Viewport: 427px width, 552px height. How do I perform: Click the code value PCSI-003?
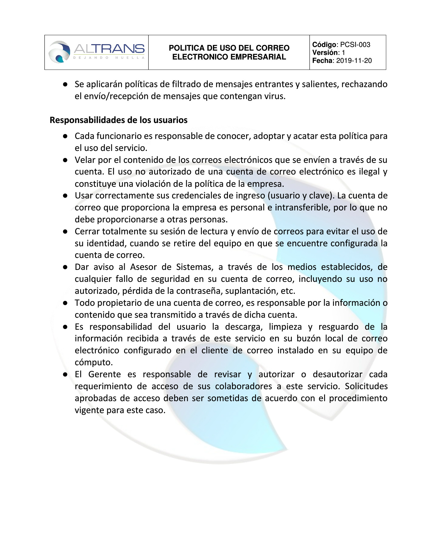(x=355, y=45)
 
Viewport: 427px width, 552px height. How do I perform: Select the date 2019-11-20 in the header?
(x=354, y=61)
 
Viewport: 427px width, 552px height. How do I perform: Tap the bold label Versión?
(x=326, y=53)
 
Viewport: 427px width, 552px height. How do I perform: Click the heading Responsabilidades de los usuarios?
(x=119, y=120)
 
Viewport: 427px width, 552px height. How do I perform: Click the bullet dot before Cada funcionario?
(x=65, y=136)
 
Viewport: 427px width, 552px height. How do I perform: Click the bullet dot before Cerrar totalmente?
(x=65, y=232)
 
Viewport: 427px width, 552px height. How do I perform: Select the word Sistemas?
(x=194, y=267)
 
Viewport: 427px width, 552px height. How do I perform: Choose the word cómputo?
(x=93, y=362)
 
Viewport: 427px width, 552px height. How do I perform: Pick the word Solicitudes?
(x=366, y=386)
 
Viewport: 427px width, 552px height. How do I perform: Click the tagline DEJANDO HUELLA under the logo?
(x=109, y=58)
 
